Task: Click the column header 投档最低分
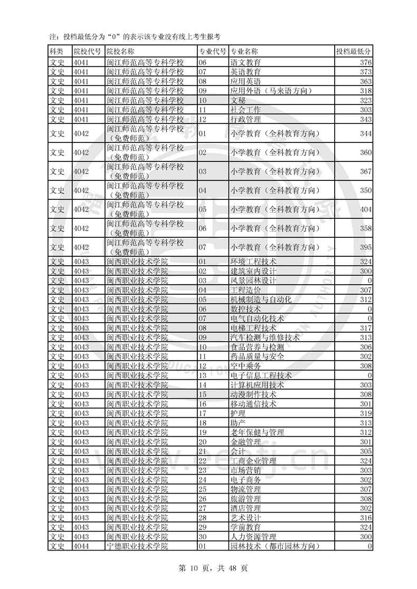tap(353, 52)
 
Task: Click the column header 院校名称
tap(120, 52)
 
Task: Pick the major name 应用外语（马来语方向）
tap(271, 91)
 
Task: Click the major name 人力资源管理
tap(253, 537)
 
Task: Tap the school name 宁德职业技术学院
tap(137, 546)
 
